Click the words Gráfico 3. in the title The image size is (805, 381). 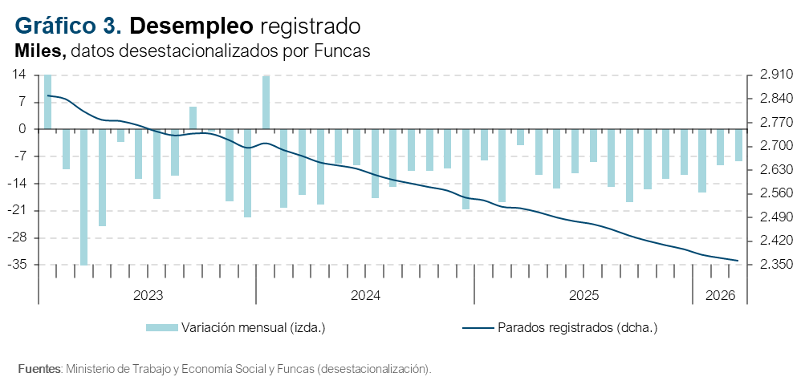[x=69, y=26]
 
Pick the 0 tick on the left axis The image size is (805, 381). [x=22, y=129]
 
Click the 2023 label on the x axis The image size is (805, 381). [x=148, y=296]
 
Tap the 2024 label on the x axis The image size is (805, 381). [x=365, y=296]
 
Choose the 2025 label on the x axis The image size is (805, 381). [x=583, y=296]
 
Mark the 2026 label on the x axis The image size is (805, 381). [x=720, y=296]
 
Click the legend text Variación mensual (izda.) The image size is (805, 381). [x=253, y=327]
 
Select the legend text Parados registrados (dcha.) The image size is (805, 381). [x=578, y=327]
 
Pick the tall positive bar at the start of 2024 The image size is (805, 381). [x=266, y=102]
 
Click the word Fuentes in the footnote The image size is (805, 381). [x=39, y=369]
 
